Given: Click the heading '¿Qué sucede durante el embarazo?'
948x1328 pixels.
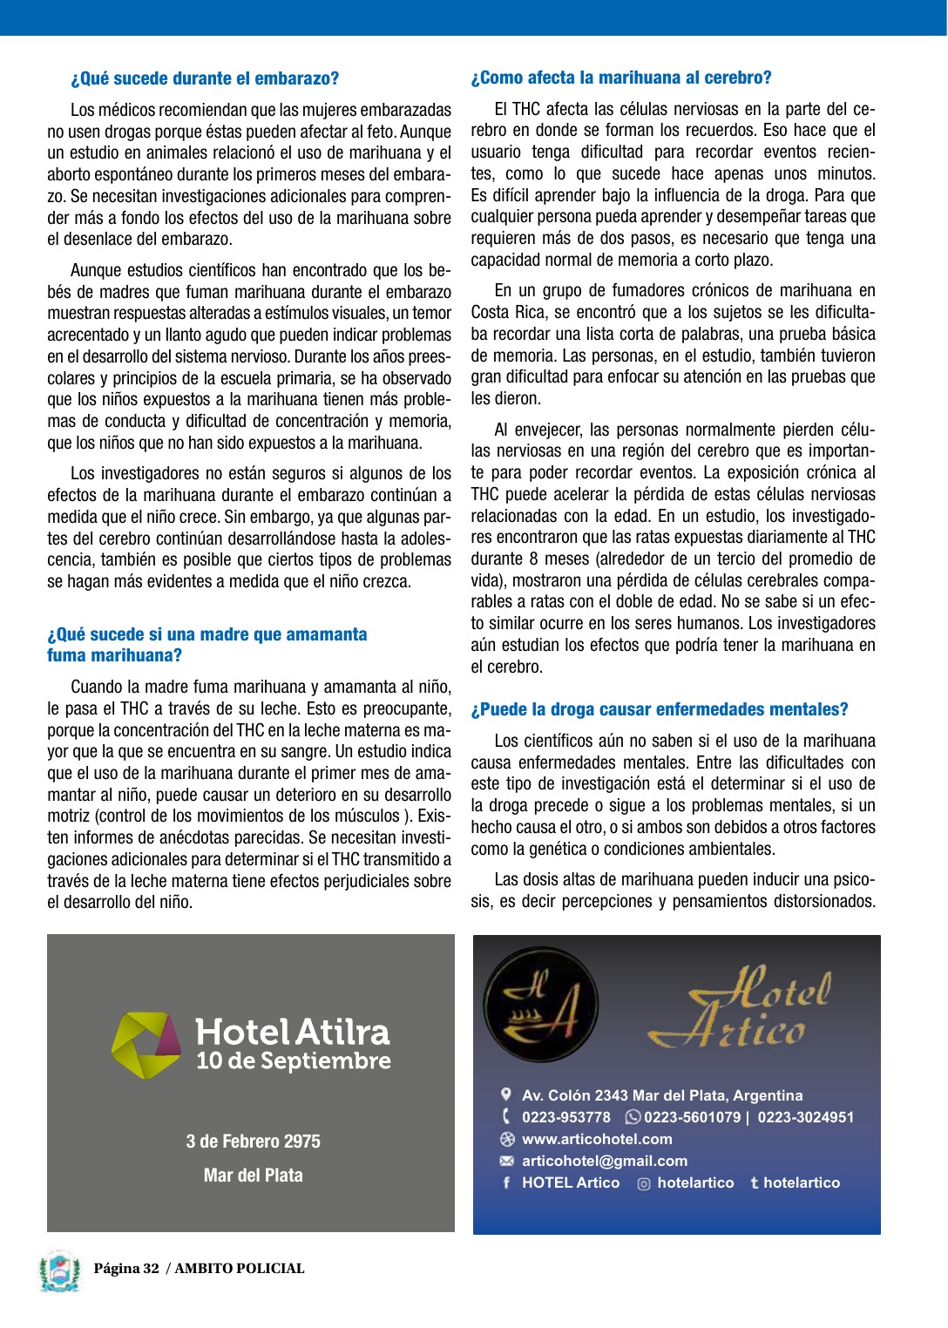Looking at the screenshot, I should (x=205, y=78).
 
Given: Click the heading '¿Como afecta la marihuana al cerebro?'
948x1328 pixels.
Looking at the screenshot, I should (x=621, y=78).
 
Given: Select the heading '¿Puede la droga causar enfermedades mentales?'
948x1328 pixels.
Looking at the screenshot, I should (x=660, y=709).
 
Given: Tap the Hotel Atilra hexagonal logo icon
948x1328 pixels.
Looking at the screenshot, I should (x=146, y=1045).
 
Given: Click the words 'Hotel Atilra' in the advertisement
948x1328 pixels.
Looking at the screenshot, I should (x=293, y=1032).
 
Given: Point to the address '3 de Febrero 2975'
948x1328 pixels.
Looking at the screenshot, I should (x=253, y=1142).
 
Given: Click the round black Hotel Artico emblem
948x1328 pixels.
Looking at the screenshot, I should (x=541, y=1004).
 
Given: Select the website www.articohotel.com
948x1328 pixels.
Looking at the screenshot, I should (x=597, y=1139).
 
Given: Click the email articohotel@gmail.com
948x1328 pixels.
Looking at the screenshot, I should (x=605, y=1161).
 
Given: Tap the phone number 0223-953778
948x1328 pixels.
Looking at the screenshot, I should (x=566, y=1117).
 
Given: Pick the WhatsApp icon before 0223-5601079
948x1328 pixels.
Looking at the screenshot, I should (x=633, y=1117).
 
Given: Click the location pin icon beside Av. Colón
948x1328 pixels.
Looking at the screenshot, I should (x=506, y=1094).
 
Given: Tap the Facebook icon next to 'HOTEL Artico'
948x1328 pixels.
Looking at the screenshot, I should (x=506, y=1182).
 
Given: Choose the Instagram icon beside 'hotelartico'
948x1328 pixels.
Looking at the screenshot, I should (x=644, y=1183).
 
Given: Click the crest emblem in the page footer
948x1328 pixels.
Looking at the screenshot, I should (x=59, y=1270).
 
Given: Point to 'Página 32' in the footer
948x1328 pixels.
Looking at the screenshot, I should (x=126, y=1269).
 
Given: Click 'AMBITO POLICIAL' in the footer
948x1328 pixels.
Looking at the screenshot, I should (x=240, y=1269).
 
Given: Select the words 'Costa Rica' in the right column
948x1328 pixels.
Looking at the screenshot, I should (x=504, y=312).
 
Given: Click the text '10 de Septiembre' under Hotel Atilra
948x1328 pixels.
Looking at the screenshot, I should (x=293, y=1061).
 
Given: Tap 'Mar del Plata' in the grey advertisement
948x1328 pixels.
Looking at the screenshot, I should (x=253, y=1176).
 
